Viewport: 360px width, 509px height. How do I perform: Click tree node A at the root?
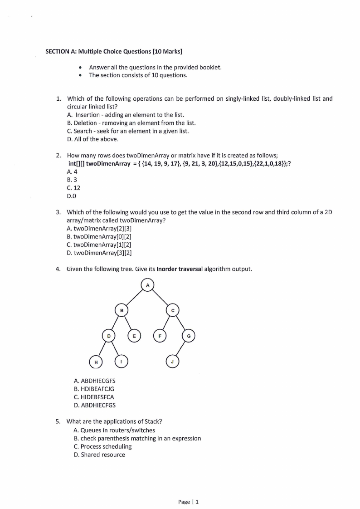point(147,285)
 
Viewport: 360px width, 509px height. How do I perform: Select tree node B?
point(122,310)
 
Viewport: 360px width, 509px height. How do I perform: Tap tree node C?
point(173,310)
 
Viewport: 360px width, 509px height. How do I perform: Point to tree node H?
point(96,362)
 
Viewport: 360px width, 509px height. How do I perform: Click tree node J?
point(172,362)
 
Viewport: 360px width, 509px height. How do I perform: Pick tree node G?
point(189,336)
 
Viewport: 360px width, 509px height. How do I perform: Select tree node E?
point(134,336)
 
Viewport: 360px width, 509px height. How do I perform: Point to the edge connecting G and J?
point(180,349)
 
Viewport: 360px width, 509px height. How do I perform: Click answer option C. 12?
point(73,188)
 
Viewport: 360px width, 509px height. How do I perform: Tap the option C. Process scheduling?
point(102,446)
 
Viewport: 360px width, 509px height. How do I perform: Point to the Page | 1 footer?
point(188,501)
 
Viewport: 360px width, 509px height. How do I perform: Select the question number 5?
point(58,421)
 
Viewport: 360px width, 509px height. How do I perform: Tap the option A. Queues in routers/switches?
point(114,430)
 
